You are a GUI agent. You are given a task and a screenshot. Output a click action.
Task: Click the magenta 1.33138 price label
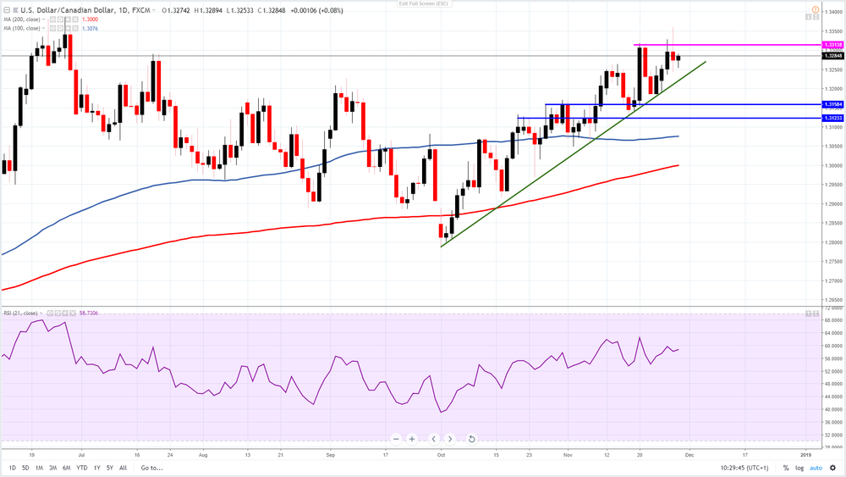click(832, 44)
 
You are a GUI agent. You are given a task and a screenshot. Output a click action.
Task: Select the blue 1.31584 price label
click(832, 104)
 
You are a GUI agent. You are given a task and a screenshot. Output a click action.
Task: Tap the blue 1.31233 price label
click(832, 118)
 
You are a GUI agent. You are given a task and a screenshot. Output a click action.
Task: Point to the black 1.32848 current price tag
click(832, 56)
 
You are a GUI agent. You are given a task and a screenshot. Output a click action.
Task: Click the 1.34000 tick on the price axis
click(832, 11)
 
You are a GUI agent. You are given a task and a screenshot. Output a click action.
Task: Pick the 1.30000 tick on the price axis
click(832, 165)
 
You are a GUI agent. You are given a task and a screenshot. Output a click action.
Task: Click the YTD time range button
click(81, 468)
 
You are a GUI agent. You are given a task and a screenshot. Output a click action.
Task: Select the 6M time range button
click(66, 468)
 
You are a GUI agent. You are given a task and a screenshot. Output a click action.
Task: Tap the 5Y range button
click(111, 468)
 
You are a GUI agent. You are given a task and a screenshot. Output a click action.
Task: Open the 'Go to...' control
click(151, 468)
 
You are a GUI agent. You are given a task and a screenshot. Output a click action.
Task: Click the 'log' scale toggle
click(799, 468)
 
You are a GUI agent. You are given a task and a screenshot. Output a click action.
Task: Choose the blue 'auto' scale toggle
click(816, 468)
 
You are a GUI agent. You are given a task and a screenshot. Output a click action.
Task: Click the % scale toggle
click(786, 468)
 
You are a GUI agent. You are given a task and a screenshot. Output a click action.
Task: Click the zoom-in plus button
click(412, 439)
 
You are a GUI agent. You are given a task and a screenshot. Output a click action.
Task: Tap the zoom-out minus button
click(395, 439)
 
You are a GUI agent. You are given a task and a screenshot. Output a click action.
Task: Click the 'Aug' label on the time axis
click(203, 454)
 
